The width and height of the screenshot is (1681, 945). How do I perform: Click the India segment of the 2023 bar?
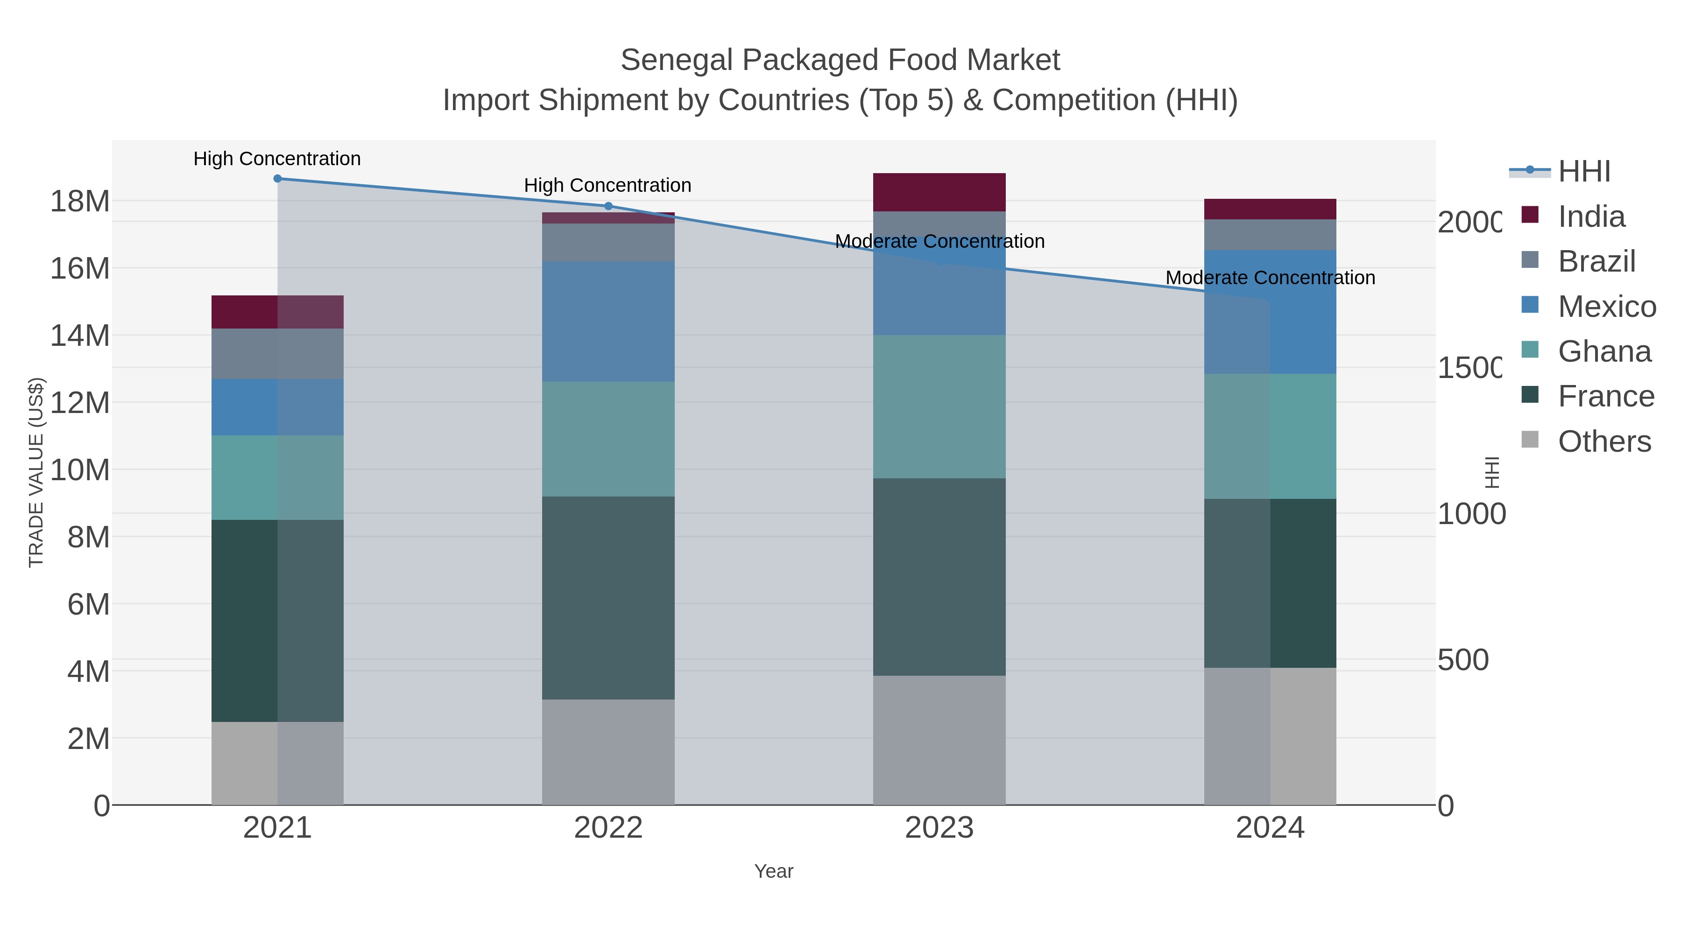point(939,192)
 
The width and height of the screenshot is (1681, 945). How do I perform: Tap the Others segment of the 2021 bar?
point(277,763)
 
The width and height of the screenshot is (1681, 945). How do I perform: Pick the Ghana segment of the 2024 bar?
point(1270,436)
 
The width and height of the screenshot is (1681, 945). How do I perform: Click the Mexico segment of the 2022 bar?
point(608,322)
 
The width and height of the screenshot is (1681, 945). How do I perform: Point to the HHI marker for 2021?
point(277,178)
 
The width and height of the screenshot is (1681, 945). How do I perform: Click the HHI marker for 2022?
point(608,206)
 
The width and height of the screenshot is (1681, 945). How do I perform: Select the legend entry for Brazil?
point(1596,261)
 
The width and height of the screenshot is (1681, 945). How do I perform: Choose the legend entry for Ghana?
point(1603,351)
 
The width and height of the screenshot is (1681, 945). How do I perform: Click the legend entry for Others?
point(1603,441)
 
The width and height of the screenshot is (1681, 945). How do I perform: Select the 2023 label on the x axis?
point(939,827)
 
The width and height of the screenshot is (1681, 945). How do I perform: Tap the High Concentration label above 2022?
point(607,185)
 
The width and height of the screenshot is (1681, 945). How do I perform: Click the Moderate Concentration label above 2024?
point(1270,278)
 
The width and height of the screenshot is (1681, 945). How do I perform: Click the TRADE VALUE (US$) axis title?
point(36,472)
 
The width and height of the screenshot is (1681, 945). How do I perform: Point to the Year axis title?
point(773,871)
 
